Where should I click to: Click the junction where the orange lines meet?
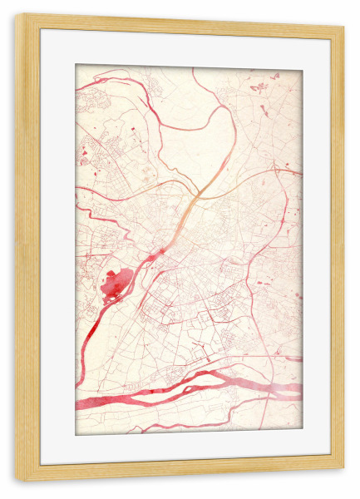[198, 198]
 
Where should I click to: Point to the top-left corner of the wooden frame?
[17, 16]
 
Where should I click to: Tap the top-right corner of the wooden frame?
[343, 16]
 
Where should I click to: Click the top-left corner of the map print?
[76, 66]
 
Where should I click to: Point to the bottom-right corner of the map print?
[302, 434]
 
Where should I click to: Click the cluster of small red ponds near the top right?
[259, 86]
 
